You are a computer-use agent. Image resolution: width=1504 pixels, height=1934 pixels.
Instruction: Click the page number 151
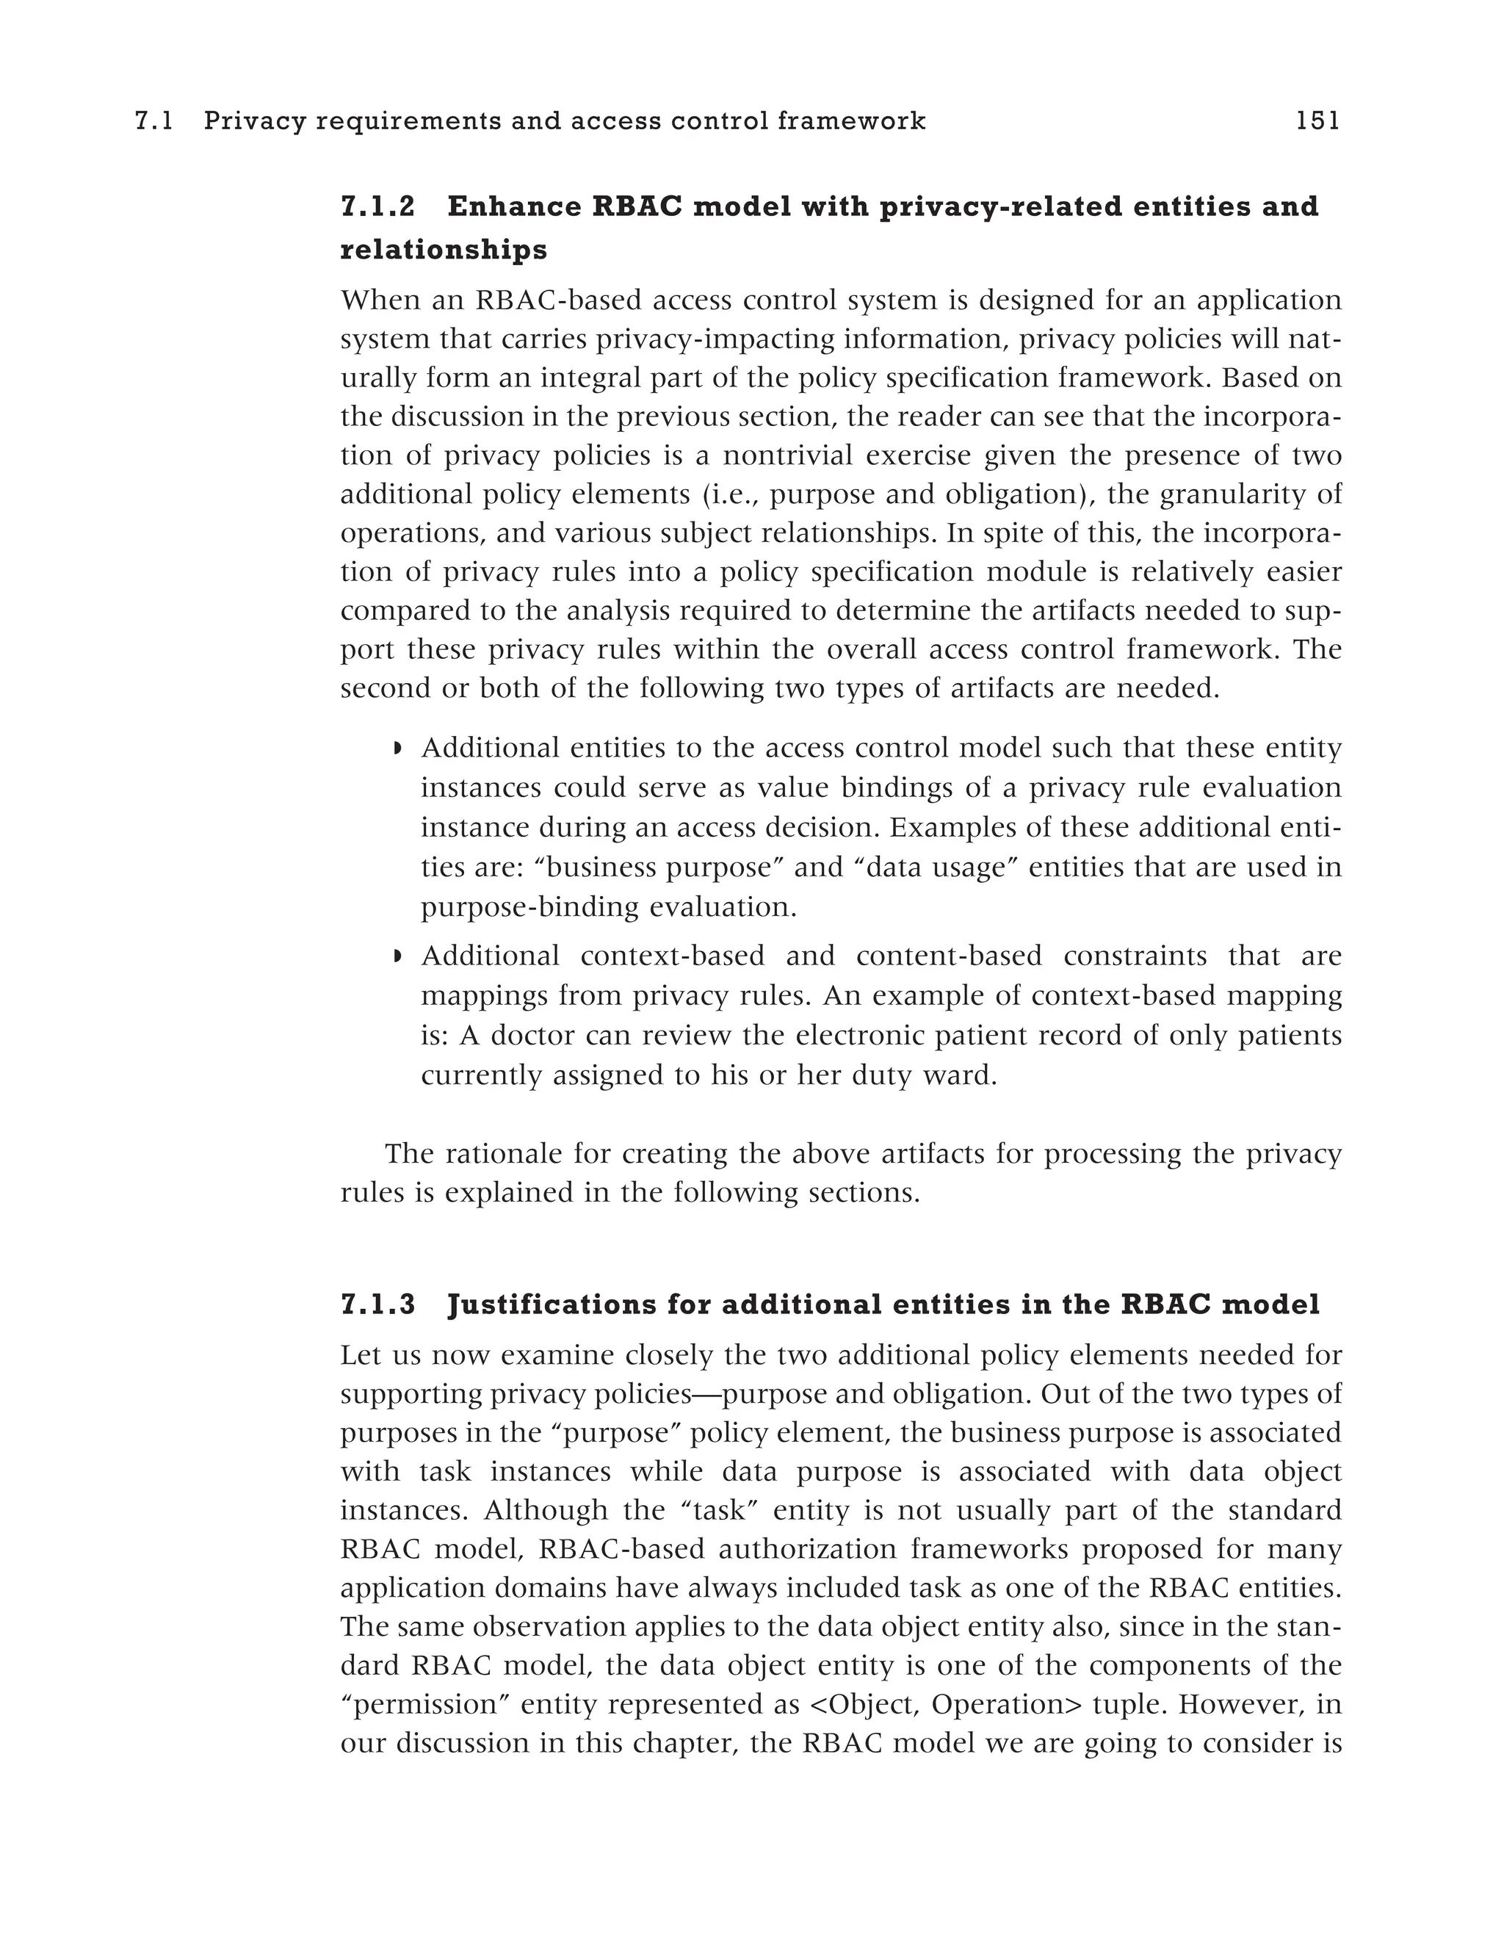coord(1317,120)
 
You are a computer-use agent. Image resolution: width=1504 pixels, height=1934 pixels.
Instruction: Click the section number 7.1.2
coord(378,206)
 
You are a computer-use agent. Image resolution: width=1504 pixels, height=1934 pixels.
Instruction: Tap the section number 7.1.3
coord(378,1305)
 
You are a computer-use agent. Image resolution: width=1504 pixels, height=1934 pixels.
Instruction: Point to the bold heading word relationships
coord(444,250)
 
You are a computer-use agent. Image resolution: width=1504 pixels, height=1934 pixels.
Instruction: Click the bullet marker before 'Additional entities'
coord(397,749)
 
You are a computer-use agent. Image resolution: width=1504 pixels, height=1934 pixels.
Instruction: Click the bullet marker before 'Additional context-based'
coord(397,957)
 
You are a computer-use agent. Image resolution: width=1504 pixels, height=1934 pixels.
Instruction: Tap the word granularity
coord(1237,494)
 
